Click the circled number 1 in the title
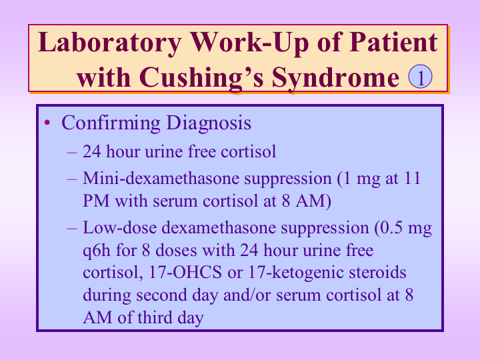(x=420, y=77)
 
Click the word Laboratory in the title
(x=110, y=43)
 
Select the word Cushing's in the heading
(x=201, y=78)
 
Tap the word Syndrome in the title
(x=335, y=78)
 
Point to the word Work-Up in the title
(x=249, y=43)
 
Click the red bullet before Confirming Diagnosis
(x=47, y=123)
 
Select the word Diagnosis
(x=209, y=123)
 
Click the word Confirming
(x=111, y=123)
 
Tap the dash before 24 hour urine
(x=71, y=152)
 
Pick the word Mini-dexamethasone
(x=161, y=178)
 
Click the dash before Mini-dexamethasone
(x=71, y=179)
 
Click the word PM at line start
(x=96, y=201)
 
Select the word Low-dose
(x=120, y=228)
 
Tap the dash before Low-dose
(x=71, y=229)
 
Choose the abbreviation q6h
(x=97, y=251)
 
